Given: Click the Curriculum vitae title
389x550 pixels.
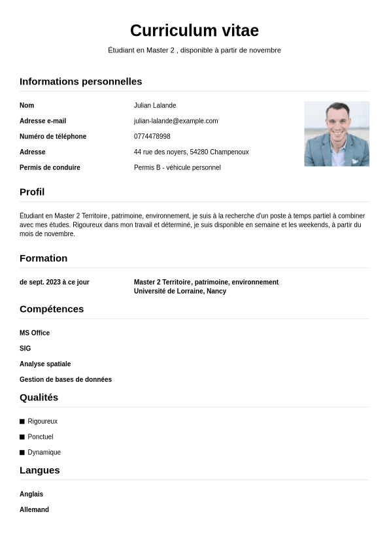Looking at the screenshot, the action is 194,31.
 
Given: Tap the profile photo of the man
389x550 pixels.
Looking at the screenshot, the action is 336,133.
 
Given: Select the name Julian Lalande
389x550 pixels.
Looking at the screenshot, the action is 155,105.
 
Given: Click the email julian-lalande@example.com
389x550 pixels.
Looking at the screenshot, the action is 176,121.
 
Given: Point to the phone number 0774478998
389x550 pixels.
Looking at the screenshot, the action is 152,137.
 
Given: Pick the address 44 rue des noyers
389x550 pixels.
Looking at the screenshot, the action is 191,152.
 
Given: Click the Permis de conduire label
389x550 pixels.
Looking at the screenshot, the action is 50,168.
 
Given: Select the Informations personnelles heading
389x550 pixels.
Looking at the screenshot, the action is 80,82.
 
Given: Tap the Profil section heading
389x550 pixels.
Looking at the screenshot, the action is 32,192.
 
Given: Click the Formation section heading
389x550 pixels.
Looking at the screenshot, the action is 43,258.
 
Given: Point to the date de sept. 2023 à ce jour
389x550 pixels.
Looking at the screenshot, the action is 54,283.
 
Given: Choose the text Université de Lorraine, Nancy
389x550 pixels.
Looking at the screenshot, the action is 180,292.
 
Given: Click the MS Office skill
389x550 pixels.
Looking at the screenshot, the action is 35,333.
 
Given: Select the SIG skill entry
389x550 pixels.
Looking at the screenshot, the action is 25,349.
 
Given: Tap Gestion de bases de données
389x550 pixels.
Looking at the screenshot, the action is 65,380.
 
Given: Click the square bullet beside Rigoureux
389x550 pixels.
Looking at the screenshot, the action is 22,422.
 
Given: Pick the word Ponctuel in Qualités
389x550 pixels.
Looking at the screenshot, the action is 41,437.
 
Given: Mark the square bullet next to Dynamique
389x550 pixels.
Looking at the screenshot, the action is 22,453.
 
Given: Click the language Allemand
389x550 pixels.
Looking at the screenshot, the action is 34,510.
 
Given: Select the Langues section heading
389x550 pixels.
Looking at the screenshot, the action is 39,470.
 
